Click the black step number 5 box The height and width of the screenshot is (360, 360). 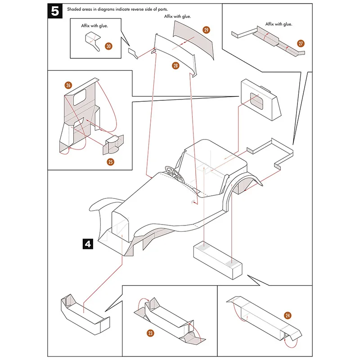pos(55,12)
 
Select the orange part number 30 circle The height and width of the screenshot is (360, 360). pos(109,46)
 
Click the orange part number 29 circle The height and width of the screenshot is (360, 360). pos(206,30)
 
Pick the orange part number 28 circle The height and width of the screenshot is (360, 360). pos(175,66)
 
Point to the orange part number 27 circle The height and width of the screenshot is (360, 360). pos(301,44)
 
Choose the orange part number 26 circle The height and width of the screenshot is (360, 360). pos(68,85)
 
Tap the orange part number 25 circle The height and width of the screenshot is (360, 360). pos(110,161)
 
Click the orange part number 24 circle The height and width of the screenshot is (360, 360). pos(288,315)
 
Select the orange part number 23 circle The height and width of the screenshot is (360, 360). pos(150,333)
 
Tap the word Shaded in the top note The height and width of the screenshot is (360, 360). pos(76,9)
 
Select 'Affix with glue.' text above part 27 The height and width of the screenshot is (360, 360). pos(279,24)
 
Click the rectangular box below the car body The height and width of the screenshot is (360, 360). pos(218,260)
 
